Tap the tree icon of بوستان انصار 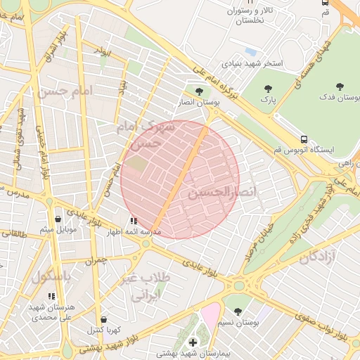click(x=200, y=91)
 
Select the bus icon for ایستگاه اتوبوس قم click(x=304, y=139)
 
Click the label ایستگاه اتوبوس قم click(x=303, y=150)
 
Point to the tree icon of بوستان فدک click(x=340, y=86)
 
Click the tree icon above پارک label click(x=266, y=89)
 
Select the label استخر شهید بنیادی click(x=252, y=63)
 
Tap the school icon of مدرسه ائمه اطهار click(x=134, y=220)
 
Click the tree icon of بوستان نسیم click(x=237, y=311)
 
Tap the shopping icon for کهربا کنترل click(x=104, y=319)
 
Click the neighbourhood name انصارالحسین click(x=224, y=191)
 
